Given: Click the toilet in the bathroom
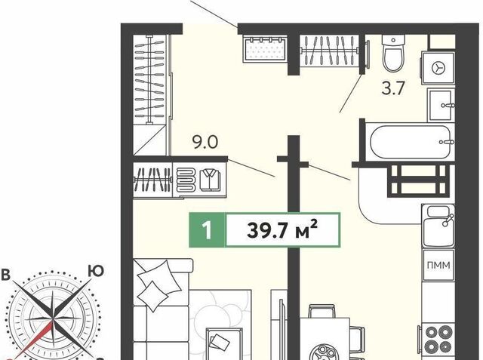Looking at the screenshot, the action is pyautogui.click(x=393, y=53).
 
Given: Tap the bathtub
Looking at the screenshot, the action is pyautogui.click(x=411, y=143).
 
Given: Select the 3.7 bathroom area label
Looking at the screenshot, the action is pyautogui.click(x=392, y=89).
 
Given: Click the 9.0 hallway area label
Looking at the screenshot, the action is pyautogui.click(x=205, y=143).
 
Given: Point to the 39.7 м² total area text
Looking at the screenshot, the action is pyautogui.click(x=282, y=229).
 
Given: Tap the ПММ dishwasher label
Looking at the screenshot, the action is pyautogui.click(x=438, y=265).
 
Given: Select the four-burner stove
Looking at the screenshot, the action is pyautogui.click(x=436, y=339).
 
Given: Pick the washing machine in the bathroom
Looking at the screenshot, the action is pyautogui.click(x=438, y=68).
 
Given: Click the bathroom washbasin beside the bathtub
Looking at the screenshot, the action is pyautogui.click(x=441, y=106).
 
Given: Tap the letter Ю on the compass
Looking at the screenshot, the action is pyautogui.click(x=96, y=271).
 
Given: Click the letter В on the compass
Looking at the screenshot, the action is pyautogui.click(x=5, y=275).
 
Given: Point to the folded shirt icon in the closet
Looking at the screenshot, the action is pyautogui.click(x=211, y=180).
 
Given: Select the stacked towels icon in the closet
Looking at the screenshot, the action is pyautogui.click(x=186, y=180).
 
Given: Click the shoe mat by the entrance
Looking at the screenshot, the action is pyautogui.click(x=265, y=48).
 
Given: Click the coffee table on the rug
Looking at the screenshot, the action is pyautogui.click(x=224, y=343).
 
